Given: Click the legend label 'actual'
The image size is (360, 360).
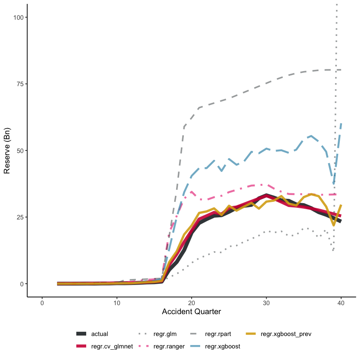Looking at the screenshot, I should [99, 334].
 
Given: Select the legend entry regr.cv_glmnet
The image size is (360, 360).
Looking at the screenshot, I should [111, 346].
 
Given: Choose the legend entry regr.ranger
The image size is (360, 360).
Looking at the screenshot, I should [171, 346].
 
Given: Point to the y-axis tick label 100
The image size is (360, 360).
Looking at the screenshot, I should [19, 17].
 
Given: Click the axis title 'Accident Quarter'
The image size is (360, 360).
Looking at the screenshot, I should [192, 312].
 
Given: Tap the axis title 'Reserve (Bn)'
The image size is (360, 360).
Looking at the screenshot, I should [7, 150].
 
